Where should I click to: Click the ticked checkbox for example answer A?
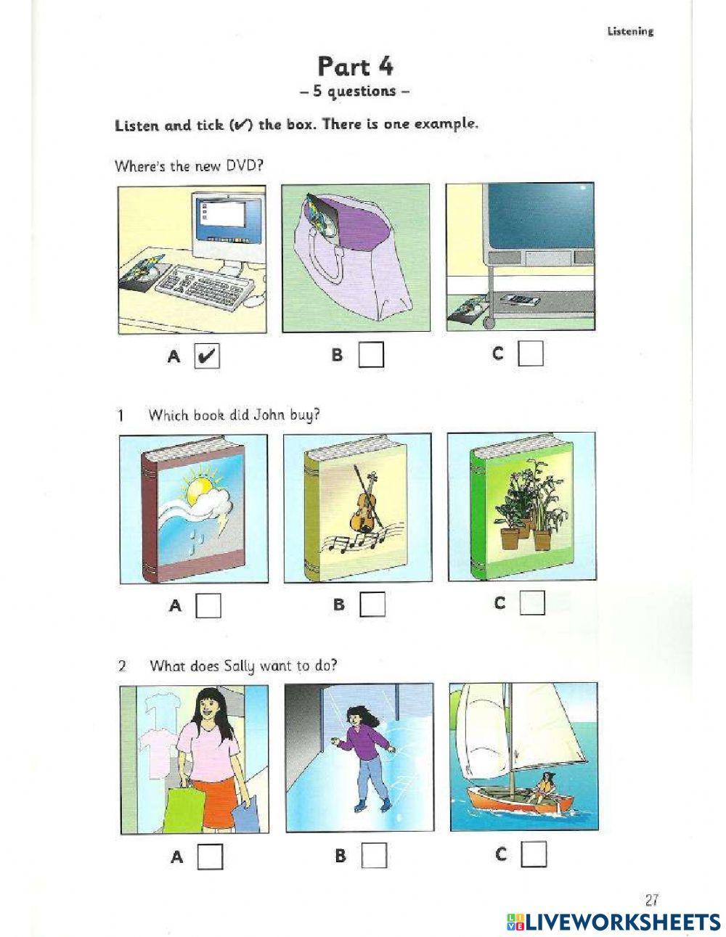[207, 356]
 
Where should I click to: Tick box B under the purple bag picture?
[371, 355]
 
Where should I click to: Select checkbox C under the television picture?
[531, 353]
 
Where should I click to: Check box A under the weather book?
[208, 605]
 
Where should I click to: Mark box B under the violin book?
[372, 604]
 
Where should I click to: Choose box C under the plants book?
[532, 602]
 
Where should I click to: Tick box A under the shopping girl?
[210, 857]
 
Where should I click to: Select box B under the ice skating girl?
[374, 856]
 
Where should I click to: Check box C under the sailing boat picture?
[534, 855]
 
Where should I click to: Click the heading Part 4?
[355, 67]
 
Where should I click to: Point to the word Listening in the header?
[629, 31]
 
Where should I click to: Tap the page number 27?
[651, 900]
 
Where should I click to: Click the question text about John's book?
[234, 415]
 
